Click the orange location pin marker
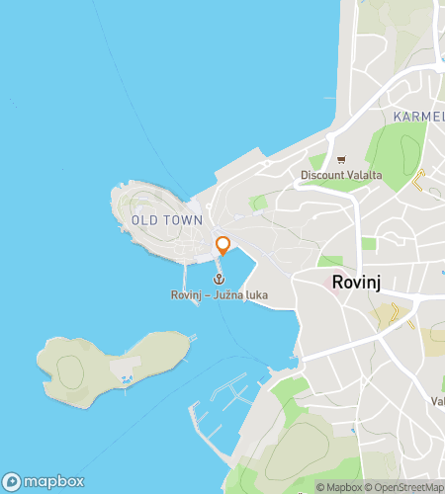pos(222,245)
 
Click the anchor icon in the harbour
pos(219,279)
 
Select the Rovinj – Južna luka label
pos(219,294)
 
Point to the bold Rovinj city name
pos(358,282)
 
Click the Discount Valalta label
pos(341,176)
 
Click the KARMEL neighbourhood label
pos(417,117)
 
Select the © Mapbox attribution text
pos(339,487)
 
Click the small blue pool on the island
pos(125,379)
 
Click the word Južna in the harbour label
pos(231,294)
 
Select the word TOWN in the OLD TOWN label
pos(186,220)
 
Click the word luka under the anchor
pos(256,294)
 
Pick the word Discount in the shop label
pos(322,176)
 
